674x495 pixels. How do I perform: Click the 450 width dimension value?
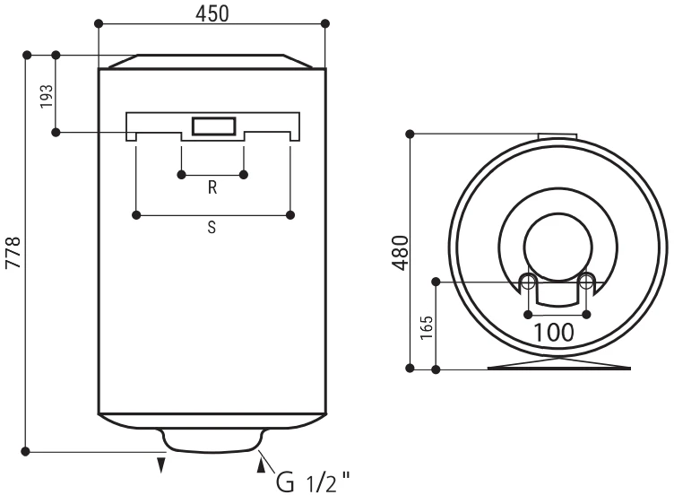(x=212, y=13)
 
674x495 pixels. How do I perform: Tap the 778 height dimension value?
(x=13, y=253)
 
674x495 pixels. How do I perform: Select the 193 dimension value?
(x=47, y=96)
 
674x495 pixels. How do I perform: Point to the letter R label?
(x=212, y=187)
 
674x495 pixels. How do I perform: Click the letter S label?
(x=212, y=227)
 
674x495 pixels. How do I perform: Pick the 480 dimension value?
(x=401, y=253)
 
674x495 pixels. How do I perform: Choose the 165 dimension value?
(x=427, y=327)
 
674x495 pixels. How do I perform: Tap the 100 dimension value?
(x=554, y=333)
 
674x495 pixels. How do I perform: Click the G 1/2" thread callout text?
(x=313, y=482)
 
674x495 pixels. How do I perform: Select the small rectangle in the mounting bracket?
(x=213, y=126)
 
